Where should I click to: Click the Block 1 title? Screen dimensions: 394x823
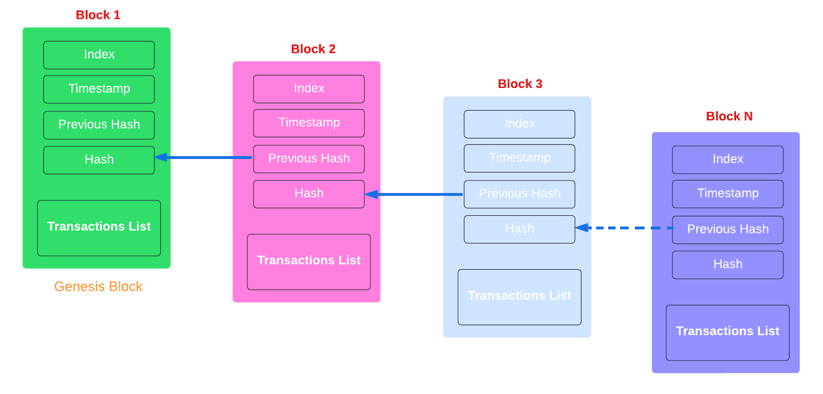click(98, 15)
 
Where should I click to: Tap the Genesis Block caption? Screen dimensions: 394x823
click(98, 287)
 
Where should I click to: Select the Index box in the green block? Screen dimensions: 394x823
click(99, 55)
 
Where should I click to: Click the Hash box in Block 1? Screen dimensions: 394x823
click(99, 160)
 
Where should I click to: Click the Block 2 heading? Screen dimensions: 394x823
click(313, 49)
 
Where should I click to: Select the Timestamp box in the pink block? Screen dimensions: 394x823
click(309, 123)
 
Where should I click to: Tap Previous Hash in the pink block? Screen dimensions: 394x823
click(309, 159)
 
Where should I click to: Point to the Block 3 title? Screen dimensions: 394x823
click(520, 84)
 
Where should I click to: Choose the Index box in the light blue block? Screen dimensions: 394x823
click(519, 124)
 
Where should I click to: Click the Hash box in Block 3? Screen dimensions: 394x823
click(519, 229)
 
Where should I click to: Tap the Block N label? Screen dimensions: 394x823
click(729, 117)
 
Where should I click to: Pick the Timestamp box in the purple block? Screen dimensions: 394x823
click(728, 194)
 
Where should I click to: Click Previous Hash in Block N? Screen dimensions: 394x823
click(728, 229)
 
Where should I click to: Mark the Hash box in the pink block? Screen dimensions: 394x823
click(309, 194)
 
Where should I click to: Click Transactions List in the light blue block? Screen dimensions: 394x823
click(519, 296)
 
